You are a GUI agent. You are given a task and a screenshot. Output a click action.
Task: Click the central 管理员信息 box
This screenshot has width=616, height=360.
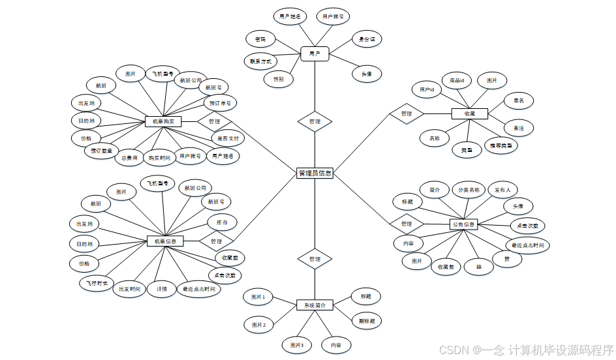tap(315, 173)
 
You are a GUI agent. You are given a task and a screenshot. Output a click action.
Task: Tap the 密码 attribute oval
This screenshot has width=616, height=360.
tap(260, 40)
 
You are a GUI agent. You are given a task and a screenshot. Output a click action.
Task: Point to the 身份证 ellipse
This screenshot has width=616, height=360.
tap(367, 39)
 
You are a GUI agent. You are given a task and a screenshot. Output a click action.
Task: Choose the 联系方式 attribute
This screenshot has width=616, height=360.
tap(260, 61)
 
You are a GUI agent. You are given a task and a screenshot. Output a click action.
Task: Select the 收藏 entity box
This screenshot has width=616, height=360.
tap(470, 113)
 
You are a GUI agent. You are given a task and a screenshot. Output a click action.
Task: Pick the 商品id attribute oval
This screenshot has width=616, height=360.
tap(457, 81)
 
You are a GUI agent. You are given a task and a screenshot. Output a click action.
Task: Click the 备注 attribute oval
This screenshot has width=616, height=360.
tap(519, 128)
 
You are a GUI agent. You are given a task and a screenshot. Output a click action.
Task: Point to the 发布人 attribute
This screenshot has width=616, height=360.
tap(502, 190)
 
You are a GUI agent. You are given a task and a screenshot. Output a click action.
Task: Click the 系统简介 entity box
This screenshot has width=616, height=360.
tap(315, 305)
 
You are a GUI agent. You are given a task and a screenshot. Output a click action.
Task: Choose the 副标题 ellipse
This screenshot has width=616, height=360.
tap(366, 321)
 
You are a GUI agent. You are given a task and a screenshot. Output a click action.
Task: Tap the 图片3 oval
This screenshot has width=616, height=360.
tap(297, 344)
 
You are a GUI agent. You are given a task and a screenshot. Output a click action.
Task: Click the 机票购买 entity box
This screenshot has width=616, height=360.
tap(162, 121)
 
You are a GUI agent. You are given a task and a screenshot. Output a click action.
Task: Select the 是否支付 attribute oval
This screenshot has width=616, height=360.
tap(226, 138)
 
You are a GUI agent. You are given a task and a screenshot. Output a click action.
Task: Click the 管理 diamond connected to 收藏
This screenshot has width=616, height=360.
tap(406, 113)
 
